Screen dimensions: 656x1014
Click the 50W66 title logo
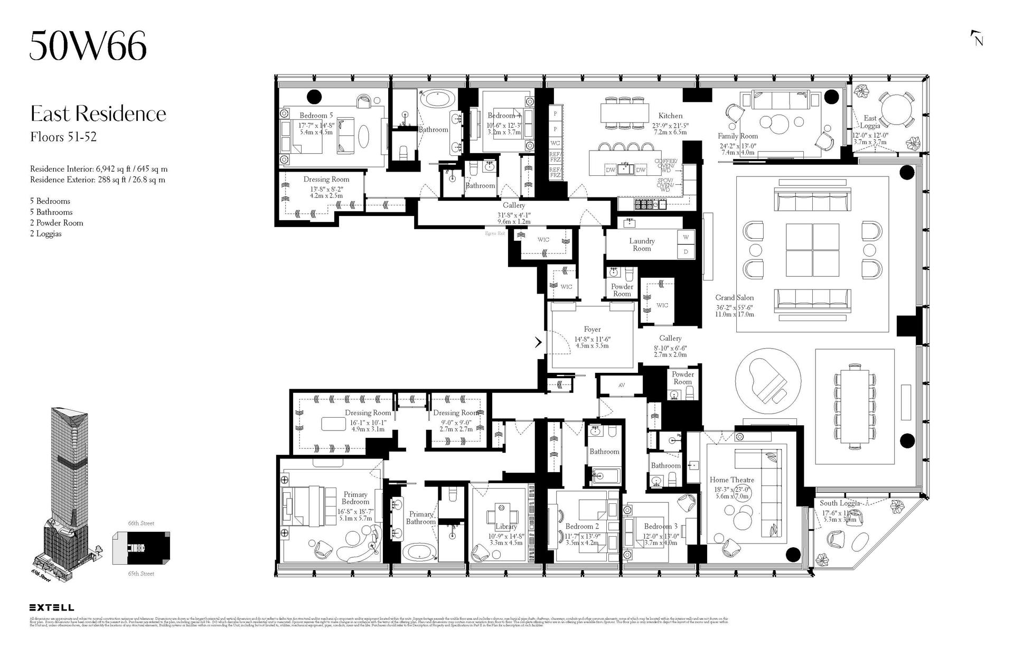[88, 46]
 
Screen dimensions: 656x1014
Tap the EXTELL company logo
[52, 608]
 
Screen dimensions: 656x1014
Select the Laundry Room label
[642, 245]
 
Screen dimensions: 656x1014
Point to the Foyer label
[592, 329]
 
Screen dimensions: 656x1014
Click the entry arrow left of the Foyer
[538, 342]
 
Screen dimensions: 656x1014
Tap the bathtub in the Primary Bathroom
[420, 552]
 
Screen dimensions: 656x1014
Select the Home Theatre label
[731, 480]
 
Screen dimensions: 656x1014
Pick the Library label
[506, 527]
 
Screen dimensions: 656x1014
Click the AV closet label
[622, 385]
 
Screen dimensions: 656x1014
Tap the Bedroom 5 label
[316, 115]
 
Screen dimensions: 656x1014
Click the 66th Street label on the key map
[141, 523]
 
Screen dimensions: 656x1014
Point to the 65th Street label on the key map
[141, 574]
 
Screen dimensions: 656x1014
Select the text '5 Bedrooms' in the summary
[50, 201]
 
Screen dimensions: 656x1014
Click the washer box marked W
[686, 237]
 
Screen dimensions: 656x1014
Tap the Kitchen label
[670, 116]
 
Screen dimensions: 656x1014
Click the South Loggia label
[840, 503]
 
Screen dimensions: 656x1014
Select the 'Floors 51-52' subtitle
[63, 137]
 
